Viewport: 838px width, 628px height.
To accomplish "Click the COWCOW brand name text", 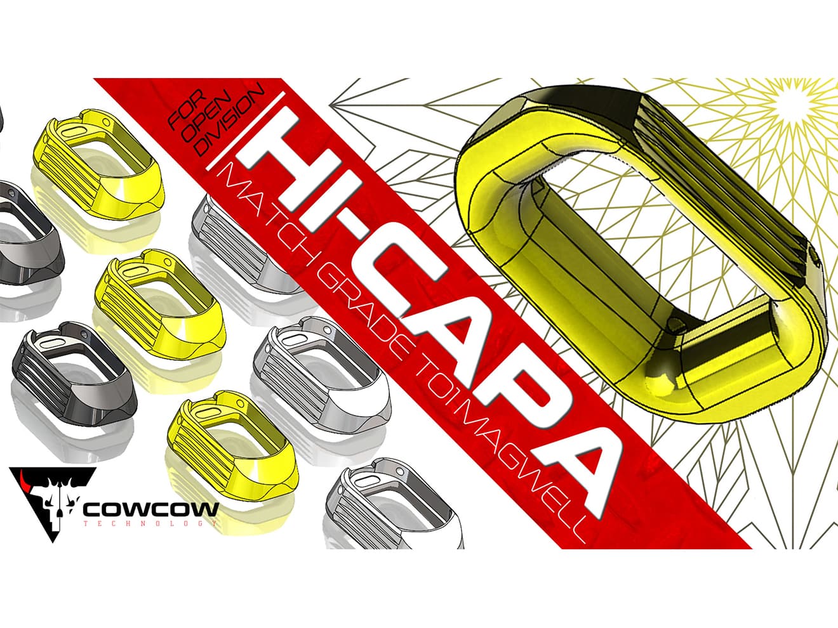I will click(151, 509).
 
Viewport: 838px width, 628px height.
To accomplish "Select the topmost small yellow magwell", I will click(101, 158).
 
